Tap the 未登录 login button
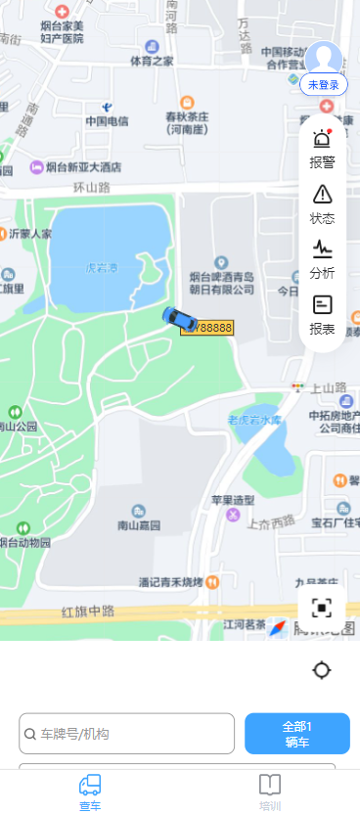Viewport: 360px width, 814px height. click(323, 84)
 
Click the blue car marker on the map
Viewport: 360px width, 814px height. click(179, 318)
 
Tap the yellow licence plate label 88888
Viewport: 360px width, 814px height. click(208, 328)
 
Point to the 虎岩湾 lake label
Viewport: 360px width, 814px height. click(101, 266)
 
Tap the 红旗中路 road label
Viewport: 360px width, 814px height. click(88, 611)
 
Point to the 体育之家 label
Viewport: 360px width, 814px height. click(152, 61)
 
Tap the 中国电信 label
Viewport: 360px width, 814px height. click(107, 121)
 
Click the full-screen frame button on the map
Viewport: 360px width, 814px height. click(322, 608)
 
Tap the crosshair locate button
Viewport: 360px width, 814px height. click(322, 670)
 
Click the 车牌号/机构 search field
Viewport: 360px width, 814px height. click(127, 734)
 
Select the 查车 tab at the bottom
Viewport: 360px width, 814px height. click(90, 791)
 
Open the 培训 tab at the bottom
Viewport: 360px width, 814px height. click(270, 791)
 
